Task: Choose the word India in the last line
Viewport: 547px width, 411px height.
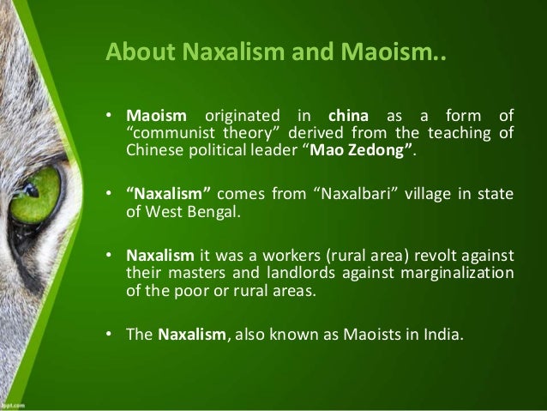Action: point(441,335)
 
